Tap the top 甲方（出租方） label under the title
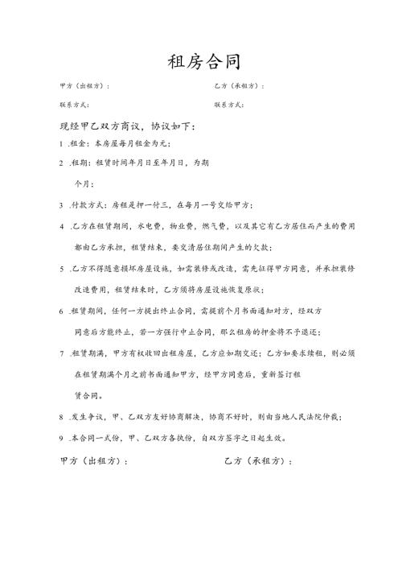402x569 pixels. [x=84, y=85]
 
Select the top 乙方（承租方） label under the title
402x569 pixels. [x=239, y=85]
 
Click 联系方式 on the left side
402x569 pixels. [x=74, y=105]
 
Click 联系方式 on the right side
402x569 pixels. [x=229, y=105]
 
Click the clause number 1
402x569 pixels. [x=62, y=143]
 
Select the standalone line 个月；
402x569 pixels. [x=85, y=183]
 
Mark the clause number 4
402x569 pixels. [x=62, y=226]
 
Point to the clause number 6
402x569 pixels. [x=62, y=311]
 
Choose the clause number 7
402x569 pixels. [x=62, y=353]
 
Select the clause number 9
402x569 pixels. [x=62, y=438]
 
